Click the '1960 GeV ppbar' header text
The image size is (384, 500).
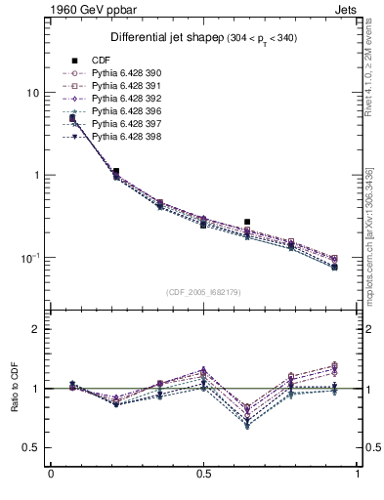coord(52,9)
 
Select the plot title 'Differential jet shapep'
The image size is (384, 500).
coord(157,38)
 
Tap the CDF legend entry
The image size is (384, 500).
coord(102,61)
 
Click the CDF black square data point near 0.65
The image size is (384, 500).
coord(247,222)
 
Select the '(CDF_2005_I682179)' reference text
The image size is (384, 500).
coord(204,292)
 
